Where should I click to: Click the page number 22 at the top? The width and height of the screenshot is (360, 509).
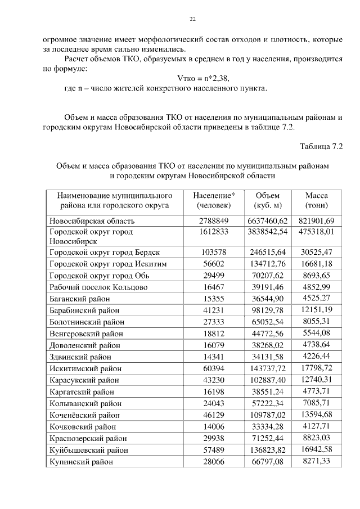(x=192, y=19)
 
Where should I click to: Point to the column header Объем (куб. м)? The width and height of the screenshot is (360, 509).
(x=267, y=201)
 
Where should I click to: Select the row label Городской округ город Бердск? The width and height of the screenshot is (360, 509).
(x=104, y=253)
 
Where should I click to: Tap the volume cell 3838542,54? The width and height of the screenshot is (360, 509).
(x=267, y=231)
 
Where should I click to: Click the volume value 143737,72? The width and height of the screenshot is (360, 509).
(x=267, y=369)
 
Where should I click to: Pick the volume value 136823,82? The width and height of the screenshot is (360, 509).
(x=267, y=450)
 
